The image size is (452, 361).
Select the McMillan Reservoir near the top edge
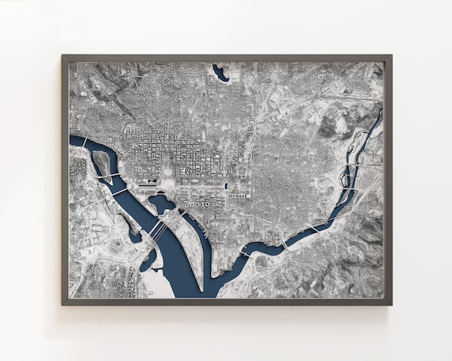tap(220, 74)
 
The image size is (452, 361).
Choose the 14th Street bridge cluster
tap(157, 232)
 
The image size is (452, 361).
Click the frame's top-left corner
tap(63, 56)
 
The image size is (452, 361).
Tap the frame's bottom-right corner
tap(390, 303)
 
